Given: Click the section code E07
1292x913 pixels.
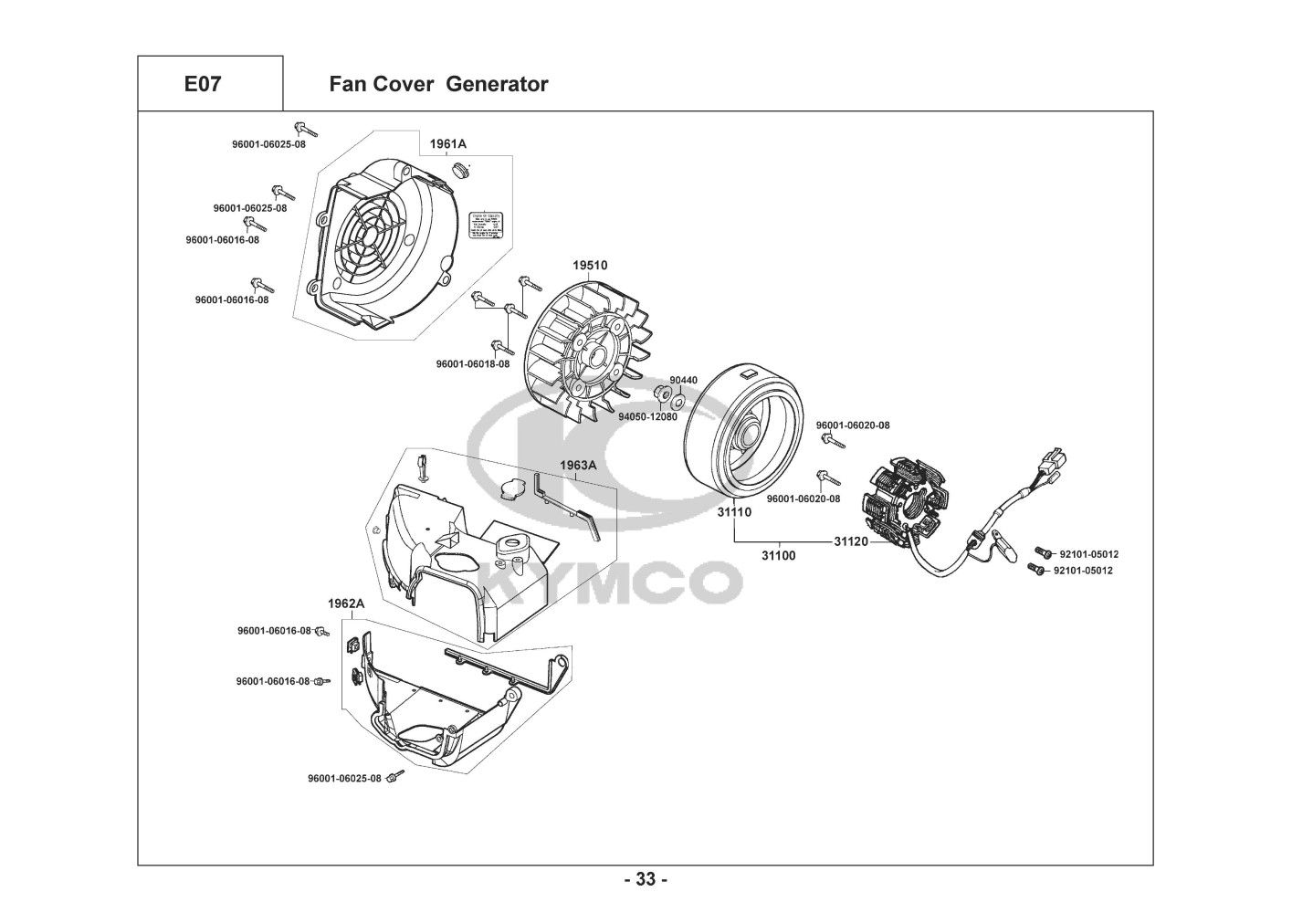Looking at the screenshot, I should click(x=202, y=85).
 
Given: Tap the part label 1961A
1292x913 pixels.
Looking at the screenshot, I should click(x=448, y=144).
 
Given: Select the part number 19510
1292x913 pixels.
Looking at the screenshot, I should click(x=590, y=265).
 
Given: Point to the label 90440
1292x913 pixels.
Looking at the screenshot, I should click(x=683, y=381).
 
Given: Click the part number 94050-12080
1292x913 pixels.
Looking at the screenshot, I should click(x=647, y=416).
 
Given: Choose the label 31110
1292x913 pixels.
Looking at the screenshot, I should click(x=734, y=512).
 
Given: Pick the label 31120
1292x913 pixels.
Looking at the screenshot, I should click(x=851, y=541).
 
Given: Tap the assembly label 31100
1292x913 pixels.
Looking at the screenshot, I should click(x=779, y=554).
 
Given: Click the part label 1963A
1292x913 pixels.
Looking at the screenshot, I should click(x=578, y=465).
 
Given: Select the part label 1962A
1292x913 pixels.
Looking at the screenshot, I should click(x=346, y=603).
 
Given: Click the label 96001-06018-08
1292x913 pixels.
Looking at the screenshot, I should click(x=473, y=363).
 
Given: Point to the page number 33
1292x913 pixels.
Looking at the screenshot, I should click(x=646, y=880).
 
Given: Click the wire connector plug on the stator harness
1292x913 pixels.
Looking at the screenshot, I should click(x=1056, y=460).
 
